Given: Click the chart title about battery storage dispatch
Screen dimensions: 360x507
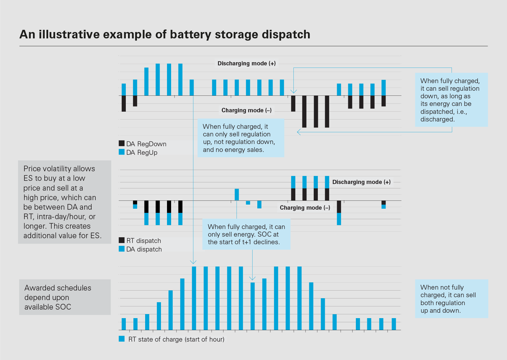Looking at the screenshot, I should click(x=165, y=34).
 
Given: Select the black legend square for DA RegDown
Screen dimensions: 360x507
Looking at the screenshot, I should click(x=122, y=143).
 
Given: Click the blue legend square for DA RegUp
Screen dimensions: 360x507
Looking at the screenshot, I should click(x=122, y=152).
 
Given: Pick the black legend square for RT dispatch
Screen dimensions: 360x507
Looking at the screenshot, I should click(x=122, y=240).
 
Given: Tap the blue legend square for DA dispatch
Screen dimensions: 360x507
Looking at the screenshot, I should click(x=122, y=249).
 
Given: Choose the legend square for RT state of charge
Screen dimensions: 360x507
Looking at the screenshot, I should click(x=122, y=339).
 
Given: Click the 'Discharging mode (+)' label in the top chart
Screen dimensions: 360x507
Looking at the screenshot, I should click(x=247, y=63).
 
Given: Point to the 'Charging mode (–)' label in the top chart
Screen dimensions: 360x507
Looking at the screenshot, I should click(x=247, y=110).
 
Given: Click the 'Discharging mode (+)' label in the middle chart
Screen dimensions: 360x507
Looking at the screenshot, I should click(x=361, y=182).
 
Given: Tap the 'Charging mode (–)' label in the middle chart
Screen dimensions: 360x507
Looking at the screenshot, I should click(x=305, y=208).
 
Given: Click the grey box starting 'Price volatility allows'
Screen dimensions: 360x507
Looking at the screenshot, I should click(x=65, y=202).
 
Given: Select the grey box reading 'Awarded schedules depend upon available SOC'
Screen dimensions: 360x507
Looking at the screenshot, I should click(x=65, y=297).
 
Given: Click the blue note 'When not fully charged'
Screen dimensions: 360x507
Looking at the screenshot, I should click(x=452, y=299).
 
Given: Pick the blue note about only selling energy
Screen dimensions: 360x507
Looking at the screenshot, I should click(x=246, y=234).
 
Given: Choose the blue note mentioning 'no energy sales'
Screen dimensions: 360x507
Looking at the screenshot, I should click(x=241, y=138).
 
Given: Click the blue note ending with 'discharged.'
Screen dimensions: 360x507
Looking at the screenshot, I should click(x=451, y=100).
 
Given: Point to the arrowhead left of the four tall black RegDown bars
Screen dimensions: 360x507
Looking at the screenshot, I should click(x=298, y=132).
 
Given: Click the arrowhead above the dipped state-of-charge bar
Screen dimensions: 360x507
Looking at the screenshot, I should click(x=252, y=278).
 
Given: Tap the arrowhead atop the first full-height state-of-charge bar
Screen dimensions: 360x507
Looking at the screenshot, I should click(x=193, y=262).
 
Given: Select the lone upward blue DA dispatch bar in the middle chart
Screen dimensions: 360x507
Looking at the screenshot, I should click(x=237, y=194).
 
